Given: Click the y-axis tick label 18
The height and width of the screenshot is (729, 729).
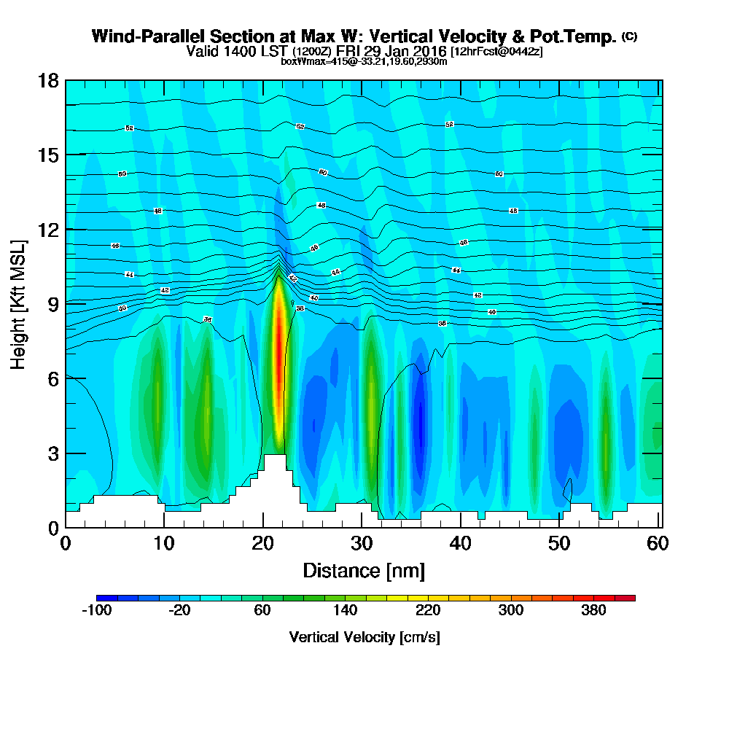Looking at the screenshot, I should (x=48, y=80).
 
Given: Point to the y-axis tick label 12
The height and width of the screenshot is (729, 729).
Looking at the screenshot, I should (x=48, y=229).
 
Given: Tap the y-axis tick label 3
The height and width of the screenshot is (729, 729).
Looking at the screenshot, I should (x=52, y=453).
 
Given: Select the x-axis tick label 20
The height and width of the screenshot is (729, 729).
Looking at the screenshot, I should (x=263, y=543).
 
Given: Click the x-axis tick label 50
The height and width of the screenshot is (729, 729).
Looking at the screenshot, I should (x=560, y=543).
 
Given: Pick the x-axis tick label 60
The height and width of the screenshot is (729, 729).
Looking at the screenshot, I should (x=659, y=543).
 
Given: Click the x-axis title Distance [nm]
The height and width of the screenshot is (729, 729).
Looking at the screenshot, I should (x=364, y=570).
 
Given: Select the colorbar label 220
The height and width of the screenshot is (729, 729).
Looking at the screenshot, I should (x=428, y=611).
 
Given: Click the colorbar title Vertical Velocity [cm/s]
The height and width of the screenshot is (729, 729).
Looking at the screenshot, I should (x=364, y=637).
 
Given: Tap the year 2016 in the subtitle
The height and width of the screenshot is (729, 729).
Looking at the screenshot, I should (x=427, y=51).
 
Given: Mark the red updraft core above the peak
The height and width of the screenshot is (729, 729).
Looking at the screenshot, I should (x=277, y=343).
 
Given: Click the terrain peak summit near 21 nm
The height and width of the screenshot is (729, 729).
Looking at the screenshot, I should (x=275, y=456).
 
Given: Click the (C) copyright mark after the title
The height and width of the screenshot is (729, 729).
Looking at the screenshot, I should (x=629, y=36).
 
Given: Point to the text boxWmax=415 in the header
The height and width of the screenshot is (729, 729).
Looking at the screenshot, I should (x=311, y=61).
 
